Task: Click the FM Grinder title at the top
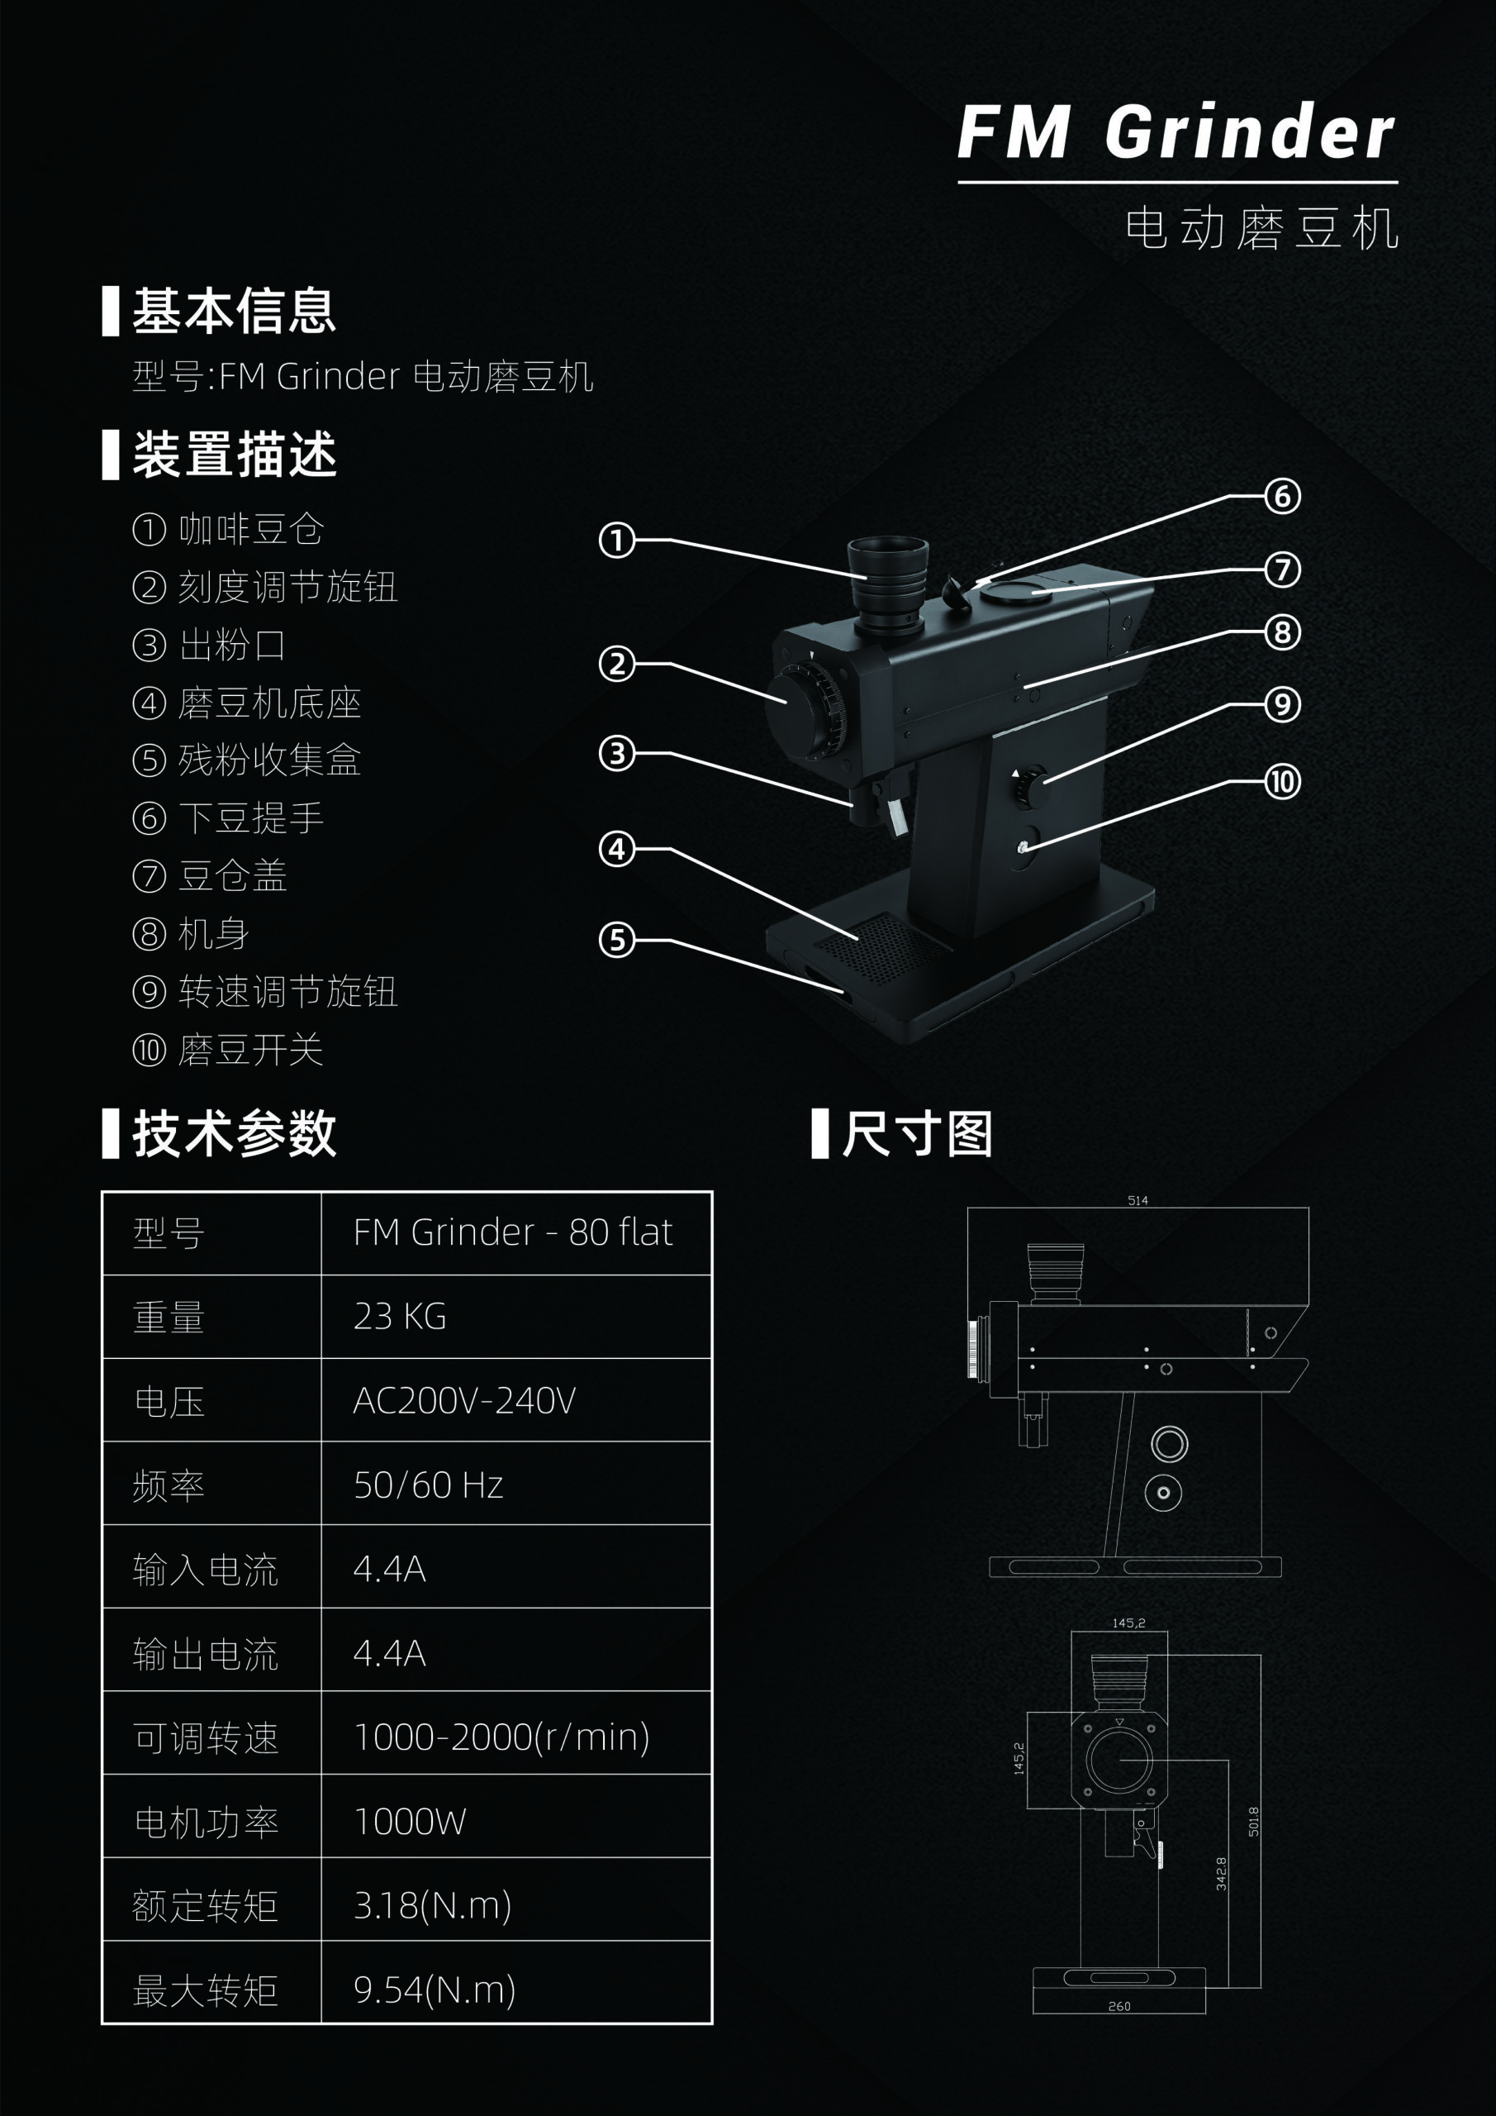pyautogui.click(x=1175, y=131)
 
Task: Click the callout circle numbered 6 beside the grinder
pyautogui.click(x=1282, y=496)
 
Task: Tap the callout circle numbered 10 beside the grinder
pyautogui.click(x=1282, y=783)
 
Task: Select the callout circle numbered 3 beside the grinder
pyautogui.click(x=617, y=753)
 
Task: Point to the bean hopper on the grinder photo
pyautogui.click(x=886, y=580)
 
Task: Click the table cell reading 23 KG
pyautogui.click(x=400, y=1316)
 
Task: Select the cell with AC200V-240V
pyautogui.click(x=464, y=1401)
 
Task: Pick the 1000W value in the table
pyautogui.click(x=410, y=1821)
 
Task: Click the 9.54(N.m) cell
pyautogui.click(x=434, y=1990)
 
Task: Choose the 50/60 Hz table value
pyautogui.click(x=429, y=1485)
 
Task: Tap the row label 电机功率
pyautogui.click(x=206, y=1822)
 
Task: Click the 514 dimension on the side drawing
pyautogui.click(x=1137, y=1200)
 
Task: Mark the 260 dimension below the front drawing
pyautogui.click(x=1119, y=2006)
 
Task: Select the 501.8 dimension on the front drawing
pyautogui.click(x=1253, y=1821)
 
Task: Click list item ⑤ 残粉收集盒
pyautogui.click(x=247, y=760)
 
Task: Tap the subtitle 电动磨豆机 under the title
pyautogui.click(x=1262, y=229)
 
